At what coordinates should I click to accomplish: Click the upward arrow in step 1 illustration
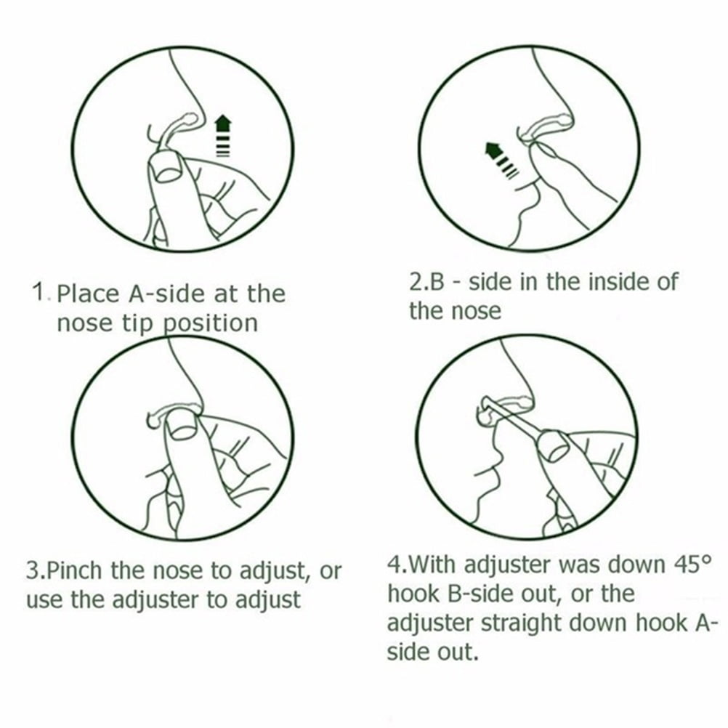(223, 136)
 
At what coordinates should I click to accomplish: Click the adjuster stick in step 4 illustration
(514, 421)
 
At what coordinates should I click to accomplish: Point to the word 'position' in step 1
(211, 323)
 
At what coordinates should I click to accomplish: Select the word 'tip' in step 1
(138, 323)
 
